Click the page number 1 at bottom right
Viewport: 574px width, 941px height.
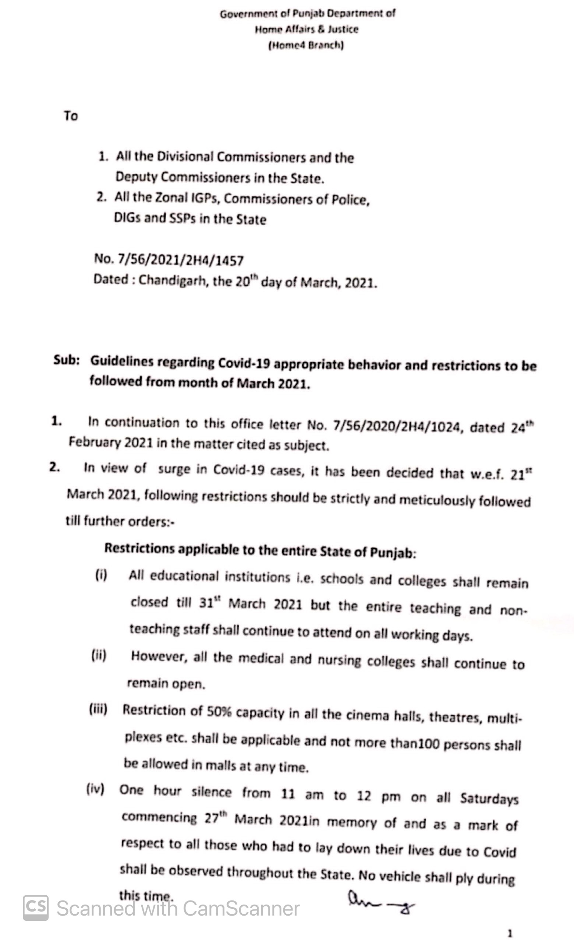click(x=510, y=933)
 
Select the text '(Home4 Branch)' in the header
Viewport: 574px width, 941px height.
click(x=306, y=45)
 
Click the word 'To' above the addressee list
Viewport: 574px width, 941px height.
click(x=71, y=115)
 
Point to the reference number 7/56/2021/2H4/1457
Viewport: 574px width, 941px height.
click(x=181, y=260)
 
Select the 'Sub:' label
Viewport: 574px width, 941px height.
click(x=66, y=360)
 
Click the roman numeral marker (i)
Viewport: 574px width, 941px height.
click(x=101, y=575)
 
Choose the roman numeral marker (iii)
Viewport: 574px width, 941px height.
click(x=98, y=709)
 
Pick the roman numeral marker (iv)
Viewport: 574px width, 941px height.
click(x=95, y=789)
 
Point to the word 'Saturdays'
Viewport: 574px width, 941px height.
click(x=489, y=798)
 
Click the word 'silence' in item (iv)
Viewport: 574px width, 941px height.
click(x=212, y=792)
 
